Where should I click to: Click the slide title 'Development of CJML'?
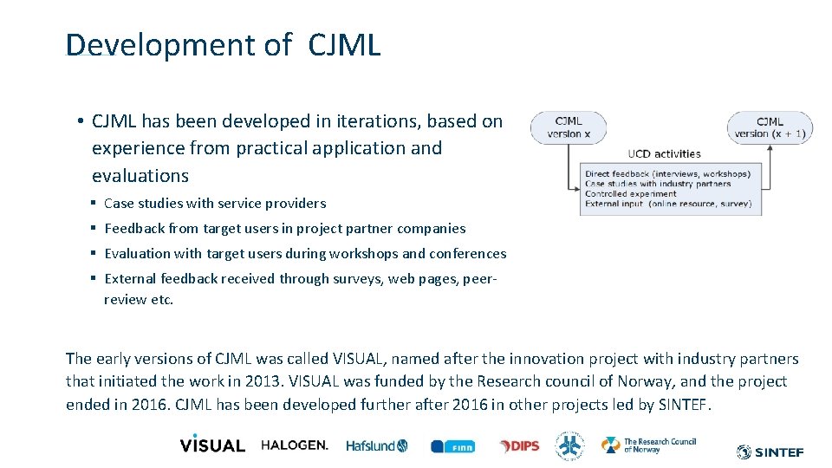point(223,45)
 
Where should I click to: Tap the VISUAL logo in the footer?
point(212,444)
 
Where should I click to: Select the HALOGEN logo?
point(295,445)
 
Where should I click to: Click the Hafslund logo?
point(376,445)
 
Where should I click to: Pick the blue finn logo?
point(452,446)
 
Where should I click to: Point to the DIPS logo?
point(519,445)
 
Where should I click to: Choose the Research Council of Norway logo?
point(649,445)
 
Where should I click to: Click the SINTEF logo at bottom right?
point(770,452)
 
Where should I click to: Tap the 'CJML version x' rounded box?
point(569,127)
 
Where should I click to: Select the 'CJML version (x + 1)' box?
point(770,127)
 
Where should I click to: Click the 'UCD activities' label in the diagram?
point(664,153)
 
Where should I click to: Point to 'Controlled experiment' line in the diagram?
point(630,194)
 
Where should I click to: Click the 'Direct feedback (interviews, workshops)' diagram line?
point(667,174)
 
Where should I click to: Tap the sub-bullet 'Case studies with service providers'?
point(215,204)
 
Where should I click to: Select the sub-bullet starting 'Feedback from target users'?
point(284,229)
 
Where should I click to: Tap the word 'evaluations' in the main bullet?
point(140,176)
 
